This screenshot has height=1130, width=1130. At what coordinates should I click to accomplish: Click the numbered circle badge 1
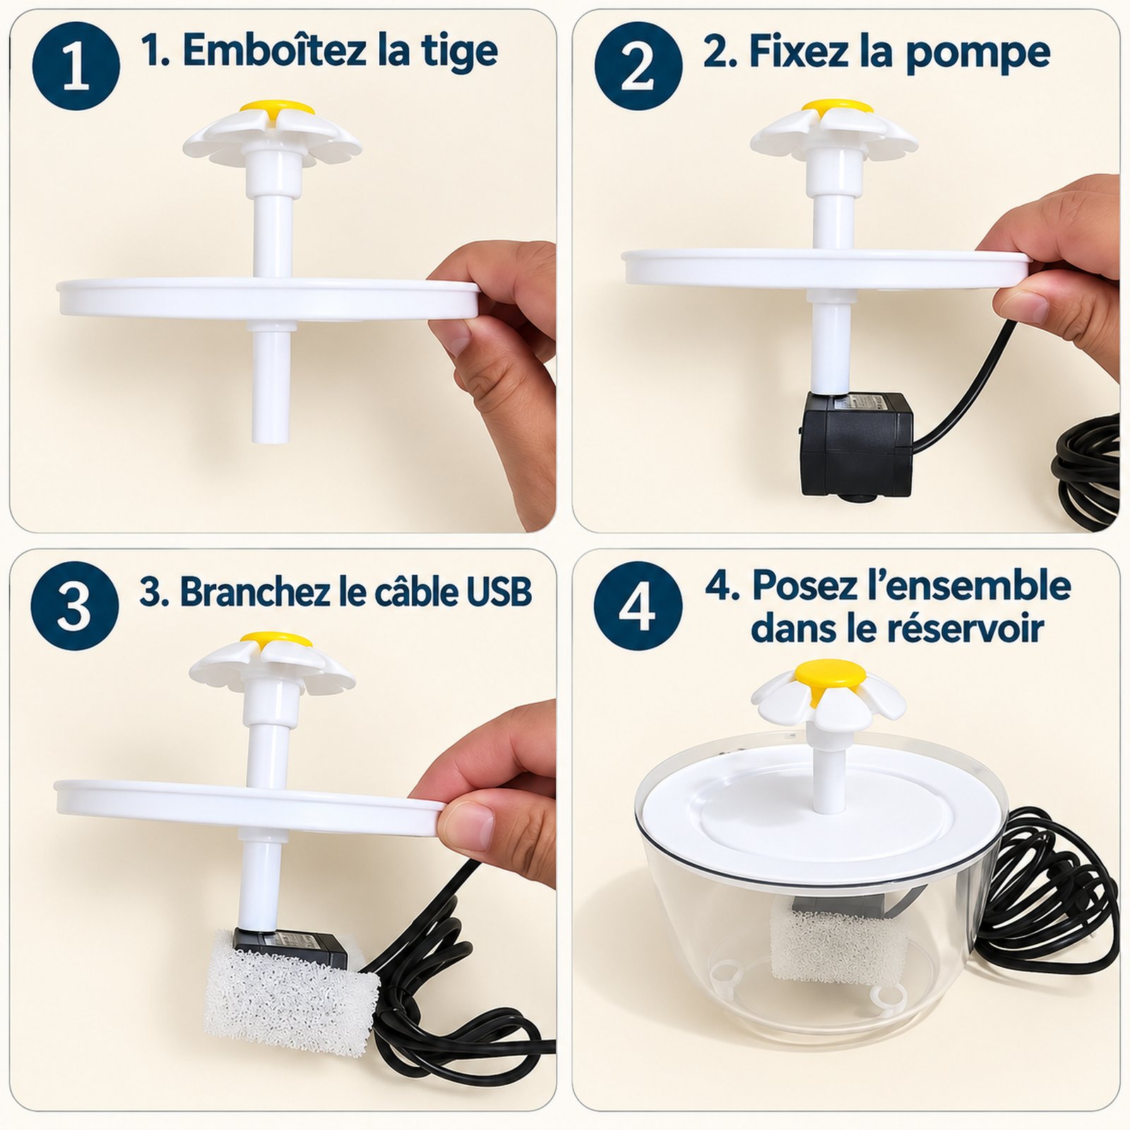76,66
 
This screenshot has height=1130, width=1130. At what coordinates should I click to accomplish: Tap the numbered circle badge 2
638,66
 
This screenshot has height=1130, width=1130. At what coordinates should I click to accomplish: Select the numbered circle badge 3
75,605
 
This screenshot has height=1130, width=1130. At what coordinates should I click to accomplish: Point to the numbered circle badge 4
638,605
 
